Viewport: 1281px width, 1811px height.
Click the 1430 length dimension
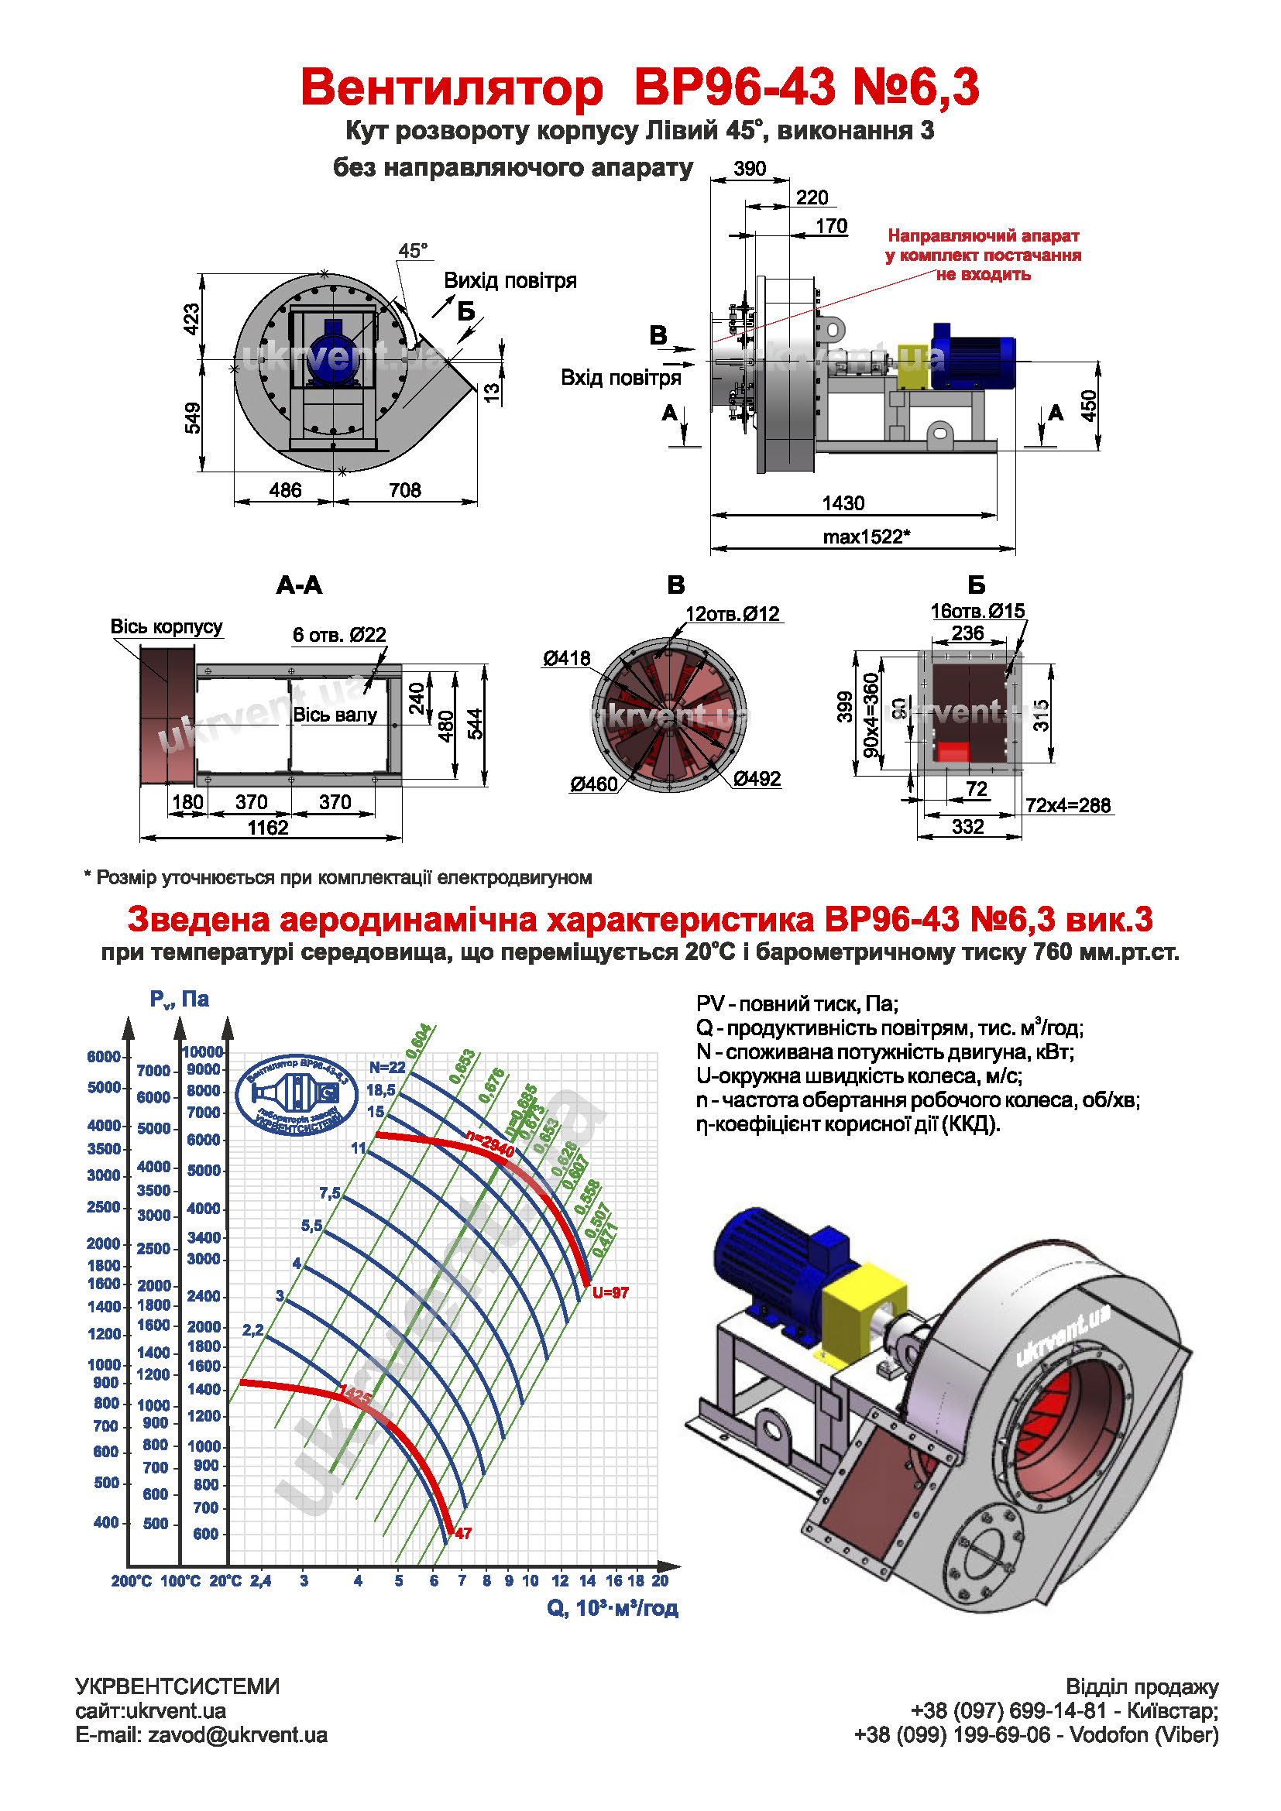click(x=843, y=503)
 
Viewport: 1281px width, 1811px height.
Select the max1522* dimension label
click(x=866, y=537)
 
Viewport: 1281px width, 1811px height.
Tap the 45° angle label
click(x=413, y=251)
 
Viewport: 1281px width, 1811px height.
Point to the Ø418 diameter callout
click(x=565, y=658)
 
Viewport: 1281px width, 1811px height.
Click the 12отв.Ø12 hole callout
click(x=732, y=614)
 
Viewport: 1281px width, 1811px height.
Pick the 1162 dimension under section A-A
click(x=268, y=828)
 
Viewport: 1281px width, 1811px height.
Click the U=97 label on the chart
click(x=610, y=1292)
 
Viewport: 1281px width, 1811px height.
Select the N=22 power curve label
click(x=387, y=1067)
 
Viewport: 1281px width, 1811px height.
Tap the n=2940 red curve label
click(x=490, y=1144)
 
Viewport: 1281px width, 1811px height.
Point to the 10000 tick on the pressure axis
click(x=203, y=1051)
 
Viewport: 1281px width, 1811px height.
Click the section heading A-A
click(x=299, y=585)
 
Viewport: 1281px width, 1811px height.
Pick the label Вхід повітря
click(x=621, y=378)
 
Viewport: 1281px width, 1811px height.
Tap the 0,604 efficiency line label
click(x=419, y=1041)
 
